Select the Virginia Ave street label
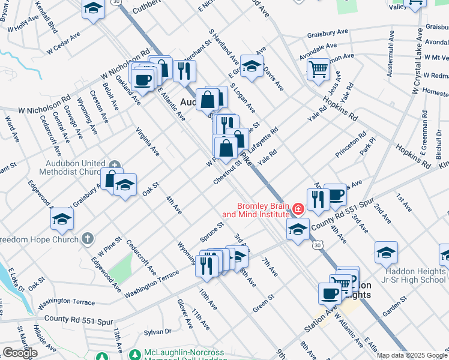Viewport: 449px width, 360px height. tap(147, 142)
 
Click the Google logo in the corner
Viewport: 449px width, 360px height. tap(20, 353)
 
